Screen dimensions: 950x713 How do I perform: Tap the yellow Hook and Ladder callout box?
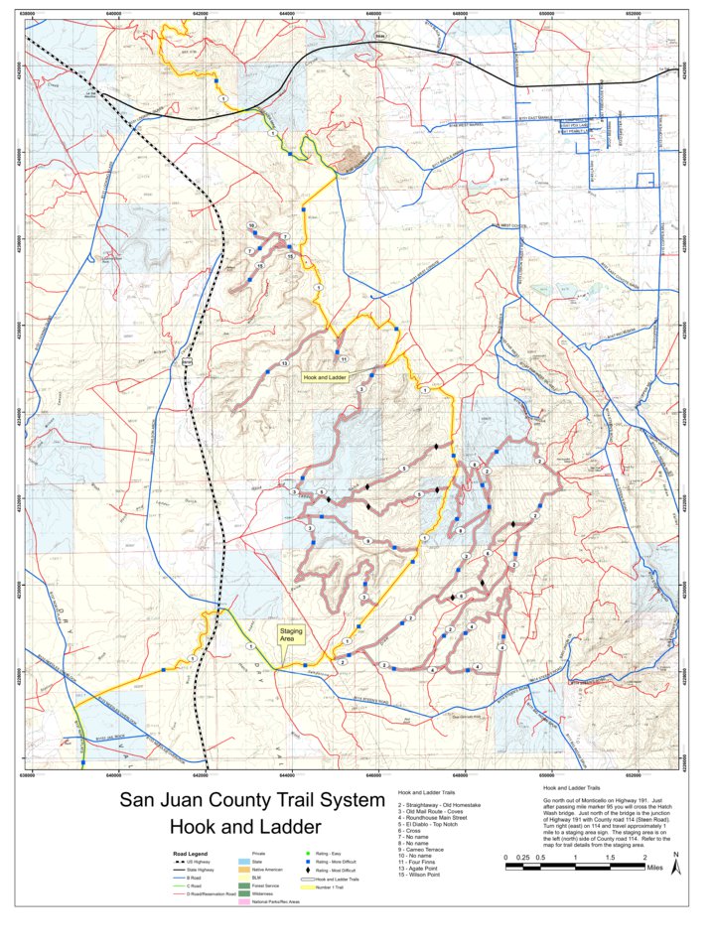[325, 378]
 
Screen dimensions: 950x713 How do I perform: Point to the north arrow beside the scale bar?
[675, 866]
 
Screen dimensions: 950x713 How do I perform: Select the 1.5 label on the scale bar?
[611, 857]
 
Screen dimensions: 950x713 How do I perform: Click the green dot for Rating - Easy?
[309, 855]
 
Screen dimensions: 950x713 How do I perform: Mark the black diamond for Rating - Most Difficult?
[309, 871]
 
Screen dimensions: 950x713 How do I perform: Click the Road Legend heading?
[191, 853]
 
